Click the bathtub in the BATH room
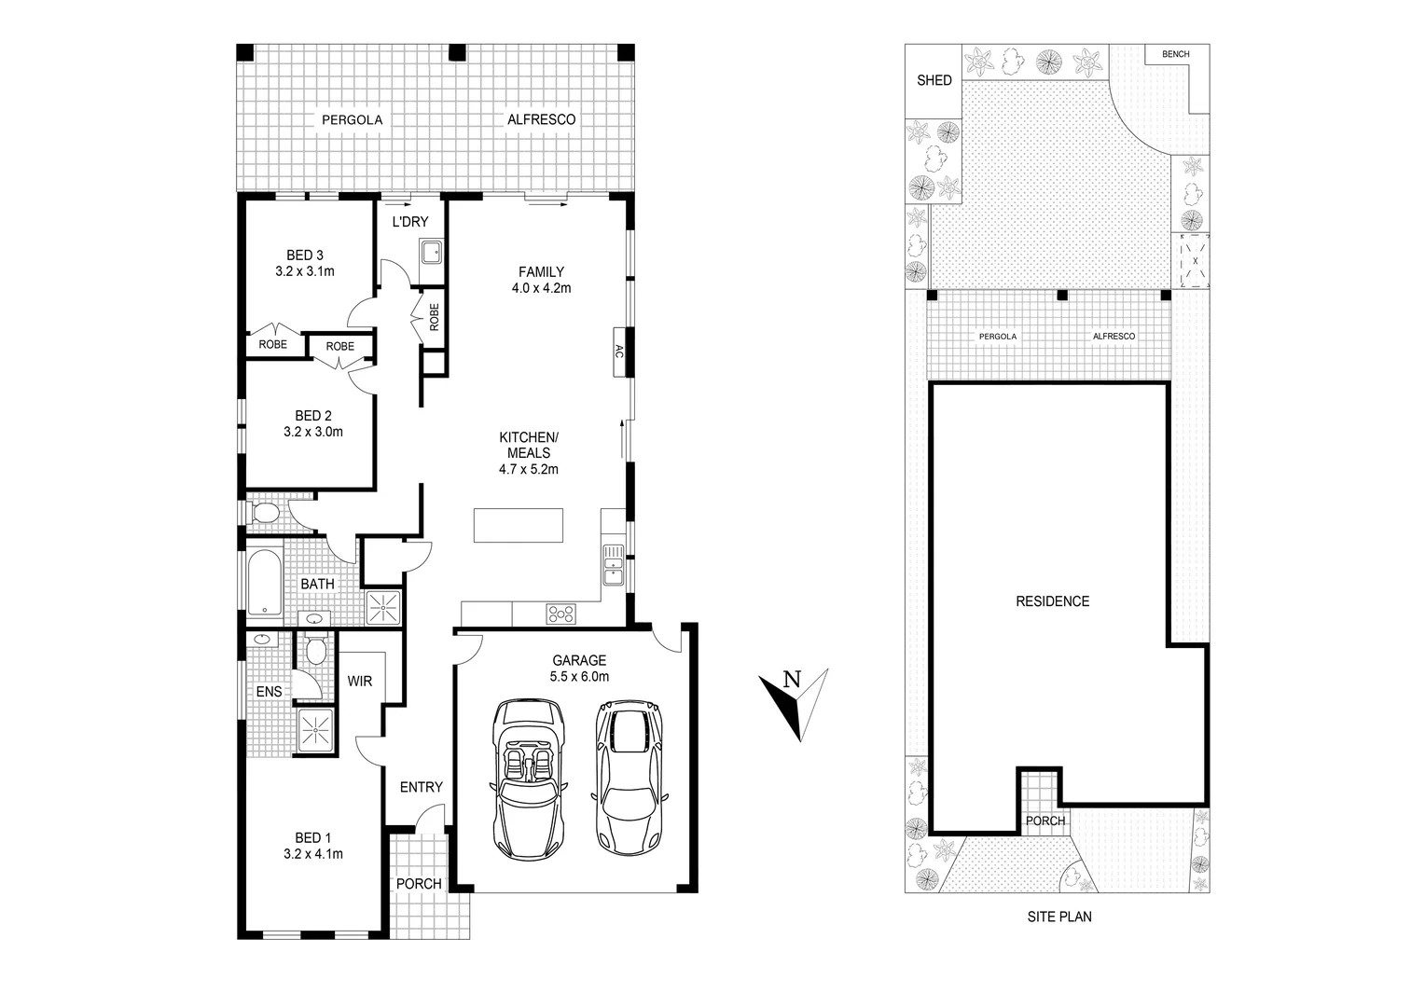pyautogui.click(x=264, y=583)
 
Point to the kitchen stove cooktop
pyautogui.click(x=561, y=614)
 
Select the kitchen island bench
pyautogui.click(x=519, y=525)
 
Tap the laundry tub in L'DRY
pyautogui.click(x=431, y=252)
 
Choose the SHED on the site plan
pyautogui.click(x=934, y=80)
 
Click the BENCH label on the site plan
pyautogui.click(x=1175, y=54)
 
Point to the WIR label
pyautogui.click(x=360, y=682)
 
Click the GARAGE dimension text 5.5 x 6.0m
pyautogui.click(x=579, y=677)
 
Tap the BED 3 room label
pyautogui.click(x=304, y=255)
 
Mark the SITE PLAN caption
pyautogui.click(x=1058, y=917)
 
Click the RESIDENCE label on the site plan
pyautogui.click(x=1052, y=601)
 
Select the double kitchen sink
pyautogui.click(x=613, y=564)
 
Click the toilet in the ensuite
pyautogui.click(x=316, y=650)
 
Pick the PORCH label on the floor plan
pyautogui.click(x=419, y=884)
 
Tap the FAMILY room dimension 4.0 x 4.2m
pyautogui.click(x=541, y=288)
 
